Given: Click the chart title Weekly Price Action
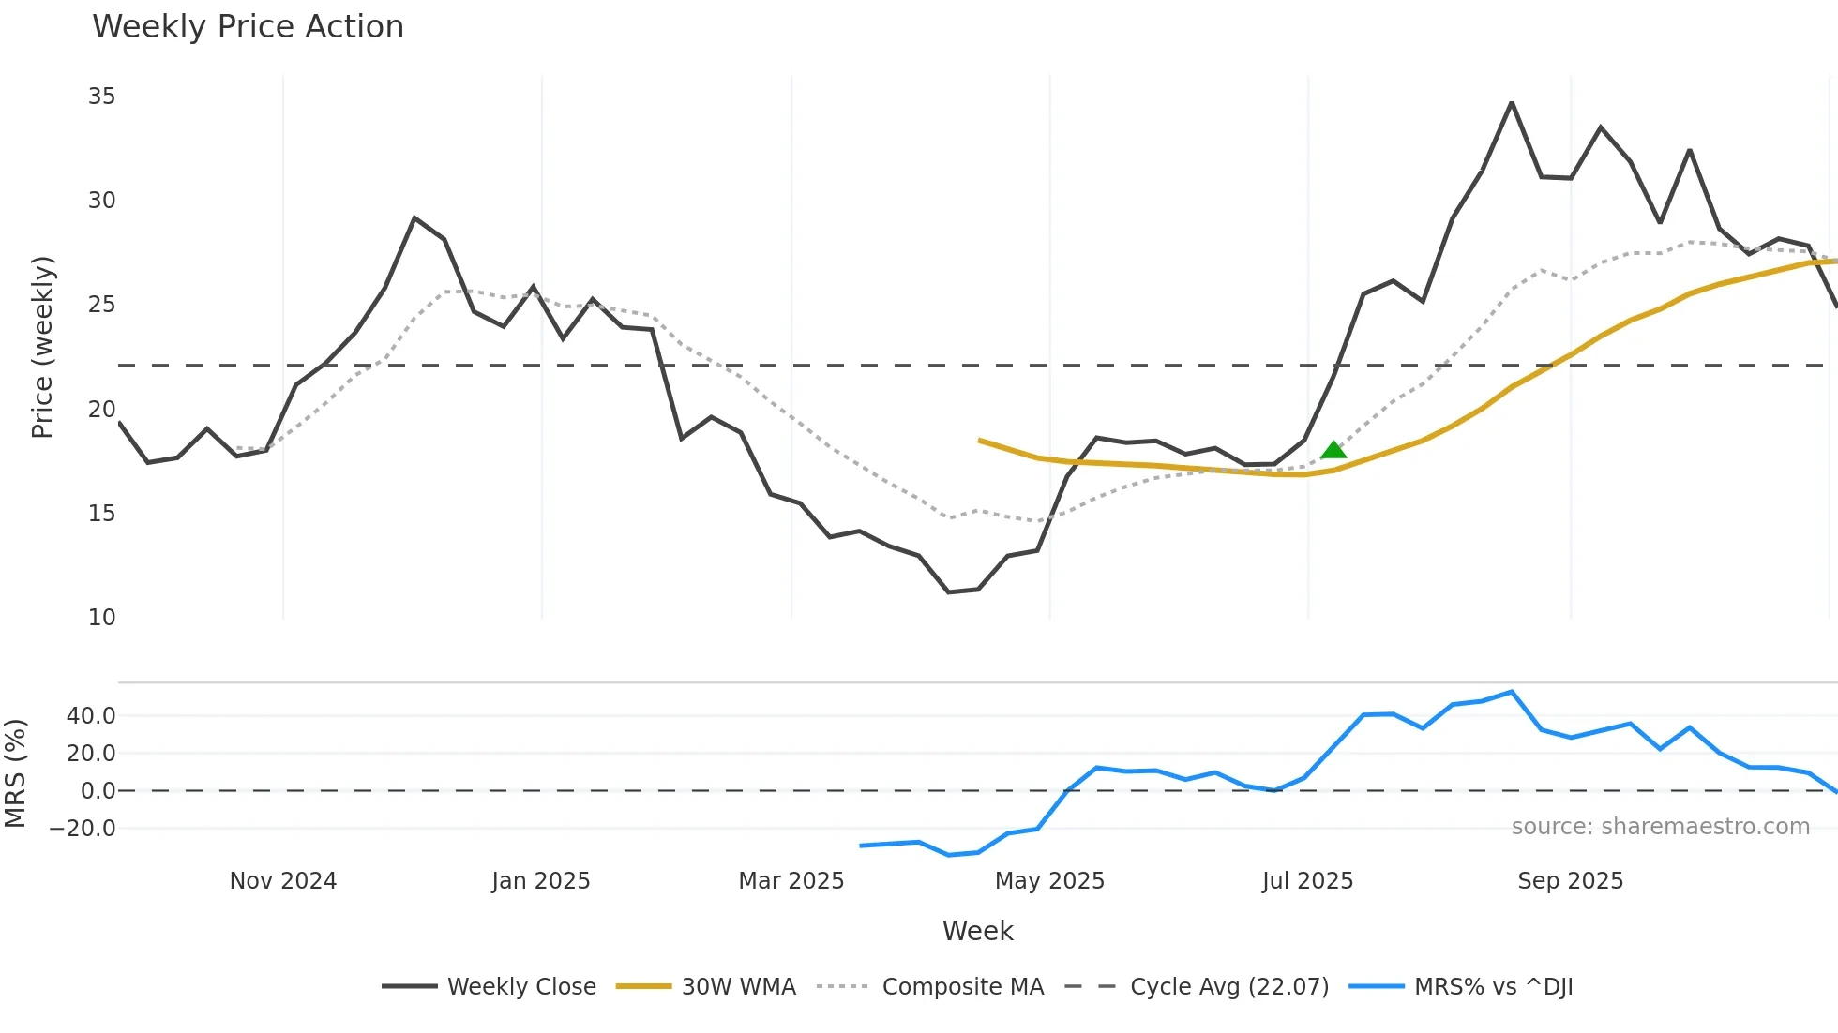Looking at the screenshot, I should (248, 27).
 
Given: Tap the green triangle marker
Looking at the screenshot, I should (1333, 451).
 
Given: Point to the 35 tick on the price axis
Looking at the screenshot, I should (101, 97).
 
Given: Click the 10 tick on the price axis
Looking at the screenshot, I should (101, 618).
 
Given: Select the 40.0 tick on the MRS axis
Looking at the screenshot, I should (91, 716).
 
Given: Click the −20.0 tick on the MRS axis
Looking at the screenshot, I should (83, 829).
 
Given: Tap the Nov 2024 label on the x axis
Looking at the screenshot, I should (283, 881).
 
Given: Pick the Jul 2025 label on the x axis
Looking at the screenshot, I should (1307, 881).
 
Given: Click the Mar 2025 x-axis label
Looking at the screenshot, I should (791, 881).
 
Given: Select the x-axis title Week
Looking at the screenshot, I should (977, 931).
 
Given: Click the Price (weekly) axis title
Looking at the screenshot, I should (43, 347).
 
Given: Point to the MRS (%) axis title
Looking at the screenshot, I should (15, 773).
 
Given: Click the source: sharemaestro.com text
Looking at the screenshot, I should (1660, 827).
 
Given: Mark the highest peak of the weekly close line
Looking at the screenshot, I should (1512, 103).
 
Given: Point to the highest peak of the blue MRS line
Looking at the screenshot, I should (1512, 692).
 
